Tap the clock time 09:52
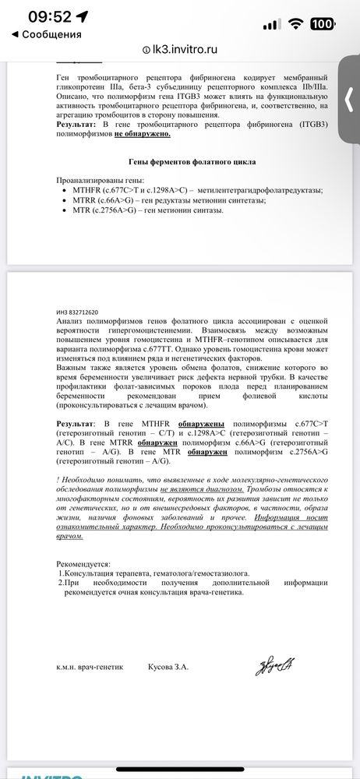click(49, 17)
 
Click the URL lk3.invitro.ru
click(185, 48)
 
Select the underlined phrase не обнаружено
click(143, 133)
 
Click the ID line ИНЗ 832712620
click(77, 312)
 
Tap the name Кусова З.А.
click(168, 667)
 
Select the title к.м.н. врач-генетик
click(90, 667)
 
